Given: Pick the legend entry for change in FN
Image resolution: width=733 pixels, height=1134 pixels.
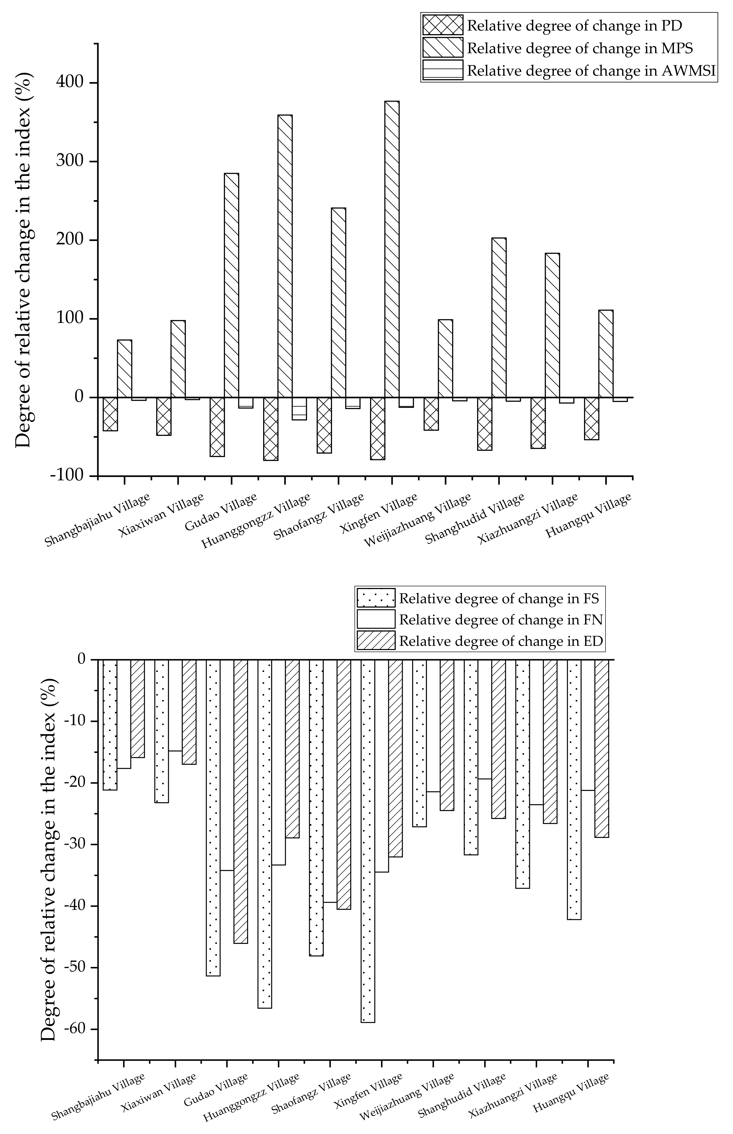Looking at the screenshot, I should pyautogui.click(x=501, y=620).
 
